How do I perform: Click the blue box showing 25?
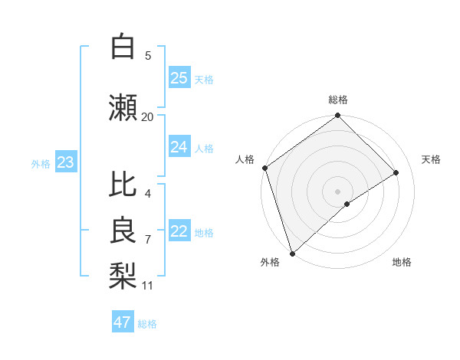pos(179,78)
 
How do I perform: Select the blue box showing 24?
pos(179,147)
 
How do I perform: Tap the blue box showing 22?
pos(179,231)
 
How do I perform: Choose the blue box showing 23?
pos(65,162)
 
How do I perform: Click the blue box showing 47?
pos(123,322)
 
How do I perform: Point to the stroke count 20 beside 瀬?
pos(147,116)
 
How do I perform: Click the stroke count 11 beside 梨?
pos(147,286)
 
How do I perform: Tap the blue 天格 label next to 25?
pos(204,79)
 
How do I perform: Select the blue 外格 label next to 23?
pos(41,163)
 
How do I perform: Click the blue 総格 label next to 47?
pos(147,324)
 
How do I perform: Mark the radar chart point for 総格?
pos(337,116)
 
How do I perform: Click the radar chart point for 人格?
pos(264,168)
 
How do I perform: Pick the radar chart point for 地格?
pos(347,204)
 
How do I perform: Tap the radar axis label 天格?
pos(431,159)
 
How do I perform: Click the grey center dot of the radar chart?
pos(337,191)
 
